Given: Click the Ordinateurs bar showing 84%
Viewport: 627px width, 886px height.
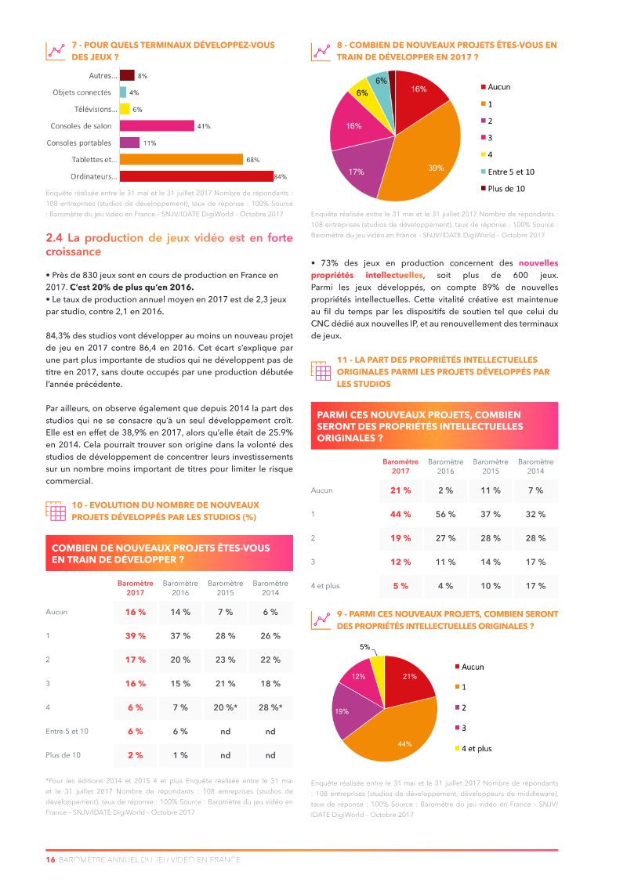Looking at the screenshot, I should tap(196, 176).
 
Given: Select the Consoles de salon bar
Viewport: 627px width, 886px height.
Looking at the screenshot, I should tap(157, 125).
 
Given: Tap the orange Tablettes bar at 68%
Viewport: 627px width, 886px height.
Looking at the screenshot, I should tap(181, 159).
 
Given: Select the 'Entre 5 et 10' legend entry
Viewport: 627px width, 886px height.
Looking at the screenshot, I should tap(510, 172).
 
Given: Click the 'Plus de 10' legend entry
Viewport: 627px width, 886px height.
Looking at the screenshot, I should tap(506, 189).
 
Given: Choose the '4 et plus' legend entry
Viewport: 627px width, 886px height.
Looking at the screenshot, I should tap(476, 749).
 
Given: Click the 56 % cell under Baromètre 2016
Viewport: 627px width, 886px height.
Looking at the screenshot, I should tap(445, 514).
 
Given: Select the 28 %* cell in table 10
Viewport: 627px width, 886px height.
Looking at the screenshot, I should tap(270, 707).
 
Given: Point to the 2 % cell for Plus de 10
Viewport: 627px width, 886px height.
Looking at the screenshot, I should tap(135, 755).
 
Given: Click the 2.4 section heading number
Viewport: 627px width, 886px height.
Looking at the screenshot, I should tap(54, 237).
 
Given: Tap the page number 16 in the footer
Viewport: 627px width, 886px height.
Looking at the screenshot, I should tap(50, 859).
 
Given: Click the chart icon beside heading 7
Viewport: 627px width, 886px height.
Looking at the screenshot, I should tap(56, 51).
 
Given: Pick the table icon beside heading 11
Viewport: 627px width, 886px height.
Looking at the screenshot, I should tap(321, 371).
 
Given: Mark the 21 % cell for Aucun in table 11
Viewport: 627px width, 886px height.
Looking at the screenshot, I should tap(400, 490).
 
